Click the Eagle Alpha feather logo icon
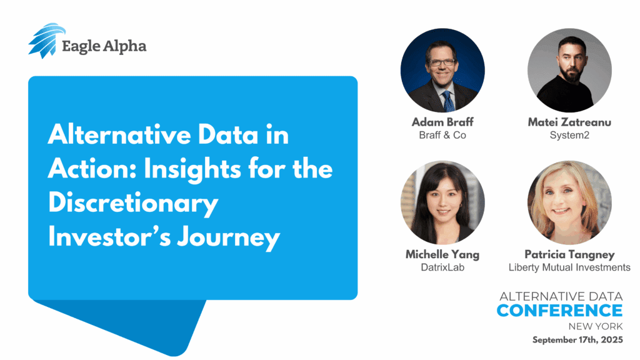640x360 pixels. click(46, 41)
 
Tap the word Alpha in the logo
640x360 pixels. click(124, 46)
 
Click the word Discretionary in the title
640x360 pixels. click(133, 203)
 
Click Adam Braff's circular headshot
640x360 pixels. click(443, 70)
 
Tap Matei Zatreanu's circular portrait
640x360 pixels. click(569, 70)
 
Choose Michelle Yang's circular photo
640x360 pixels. click(443, 202)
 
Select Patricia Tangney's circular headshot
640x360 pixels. click(569, 202)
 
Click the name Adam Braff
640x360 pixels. click(442, 122)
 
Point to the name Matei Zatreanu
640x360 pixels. click(569, 122)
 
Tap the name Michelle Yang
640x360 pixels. click(442, 255)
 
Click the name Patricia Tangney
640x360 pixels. click(569, 255)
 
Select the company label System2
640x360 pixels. click(569, 136)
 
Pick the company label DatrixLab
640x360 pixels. click(442, 267)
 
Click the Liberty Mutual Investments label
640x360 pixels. click(569, 267)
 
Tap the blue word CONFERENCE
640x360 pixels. click(559, 311)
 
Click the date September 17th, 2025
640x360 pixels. click(577, 340)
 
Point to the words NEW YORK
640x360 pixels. click(596, 326)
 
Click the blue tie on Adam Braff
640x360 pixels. click(449, 101)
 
